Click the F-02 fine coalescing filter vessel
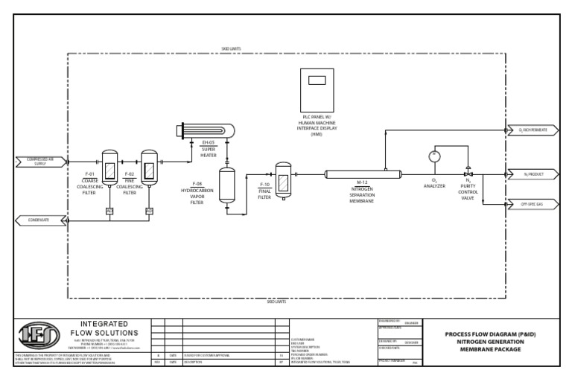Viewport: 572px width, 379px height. (149, 168)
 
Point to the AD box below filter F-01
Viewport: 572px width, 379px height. (109, 211)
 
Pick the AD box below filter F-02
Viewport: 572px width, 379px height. (149, 211)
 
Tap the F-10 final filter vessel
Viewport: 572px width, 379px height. (283, 180)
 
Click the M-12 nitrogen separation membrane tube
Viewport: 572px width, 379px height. (363, 173)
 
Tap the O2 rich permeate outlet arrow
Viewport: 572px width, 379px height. (530, 130)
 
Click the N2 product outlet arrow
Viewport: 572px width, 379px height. (530, 173)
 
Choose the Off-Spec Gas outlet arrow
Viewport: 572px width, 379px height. (530, 203)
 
